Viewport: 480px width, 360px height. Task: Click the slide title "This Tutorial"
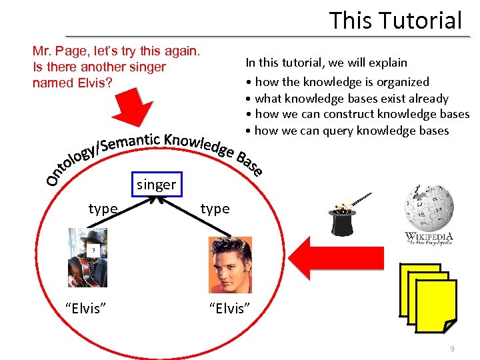point(395,20)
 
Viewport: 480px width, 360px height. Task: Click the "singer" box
point(156,185)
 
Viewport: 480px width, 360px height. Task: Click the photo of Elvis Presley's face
point(230,265)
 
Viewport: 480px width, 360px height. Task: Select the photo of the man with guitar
point(87,258)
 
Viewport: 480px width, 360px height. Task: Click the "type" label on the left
point(103,209)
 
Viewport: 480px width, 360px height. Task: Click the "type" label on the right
point(215,209)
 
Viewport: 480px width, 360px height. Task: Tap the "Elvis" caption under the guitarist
point(87,308)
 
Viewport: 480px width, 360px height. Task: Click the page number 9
point(453,349)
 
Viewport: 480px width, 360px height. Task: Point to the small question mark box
point(94,250)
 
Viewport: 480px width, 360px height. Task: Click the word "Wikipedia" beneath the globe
point(429,237)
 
